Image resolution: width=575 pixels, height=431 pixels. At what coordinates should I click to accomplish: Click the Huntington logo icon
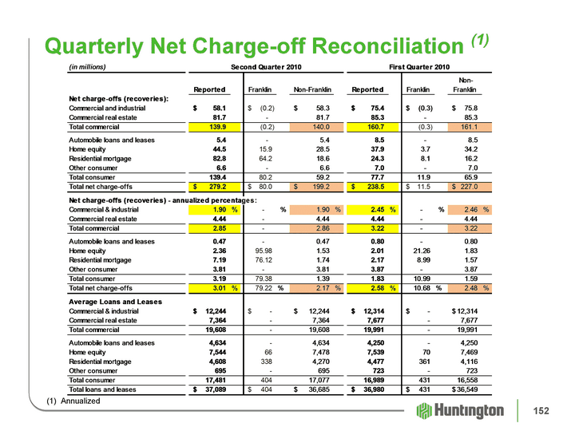point(424,411)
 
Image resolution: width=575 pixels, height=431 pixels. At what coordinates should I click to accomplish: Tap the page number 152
point(541,411)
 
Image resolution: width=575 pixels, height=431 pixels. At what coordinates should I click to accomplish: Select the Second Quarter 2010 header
point(266,67)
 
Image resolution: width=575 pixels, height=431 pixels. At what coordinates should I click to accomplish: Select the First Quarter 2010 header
point(419,67)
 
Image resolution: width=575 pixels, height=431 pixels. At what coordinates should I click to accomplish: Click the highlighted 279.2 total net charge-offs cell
point(215,187)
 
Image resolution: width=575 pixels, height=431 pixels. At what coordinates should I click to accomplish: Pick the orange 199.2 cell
point(316,187)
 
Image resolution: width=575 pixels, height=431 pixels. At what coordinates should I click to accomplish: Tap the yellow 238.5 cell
point(373,187)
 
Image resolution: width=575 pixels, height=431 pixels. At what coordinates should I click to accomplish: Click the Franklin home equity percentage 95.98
point(264,251)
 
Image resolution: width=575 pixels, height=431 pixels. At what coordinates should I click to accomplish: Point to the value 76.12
point(264,260)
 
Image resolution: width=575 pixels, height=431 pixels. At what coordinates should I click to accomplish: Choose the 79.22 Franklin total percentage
point(264,288)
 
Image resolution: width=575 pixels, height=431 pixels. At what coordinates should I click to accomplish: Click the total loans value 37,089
point(216,389)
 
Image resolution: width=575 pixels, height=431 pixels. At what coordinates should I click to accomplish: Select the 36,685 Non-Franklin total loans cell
point(319,389)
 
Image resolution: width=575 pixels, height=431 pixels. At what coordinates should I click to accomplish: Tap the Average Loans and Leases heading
point(116,302)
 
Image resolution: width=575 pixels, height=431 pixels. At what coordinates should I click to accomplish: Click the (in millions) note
point(87,67)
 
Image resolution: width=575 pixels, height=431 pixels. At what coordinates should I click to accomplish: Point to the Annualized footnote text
point(81,401)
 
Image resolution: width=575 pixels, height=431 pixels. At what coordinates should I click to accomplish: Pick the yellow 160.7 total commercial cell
point(373,127)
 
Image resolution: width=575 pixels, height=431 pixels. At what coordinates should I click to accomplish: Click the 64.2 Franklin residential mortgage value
point(265,159)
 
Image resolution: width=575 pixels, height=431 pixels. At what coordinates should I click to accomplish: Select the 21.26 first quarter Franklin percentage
point(422,251)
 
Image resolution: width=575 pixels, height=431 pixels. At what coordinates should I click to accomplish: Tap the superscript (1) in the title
point(480,40)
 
